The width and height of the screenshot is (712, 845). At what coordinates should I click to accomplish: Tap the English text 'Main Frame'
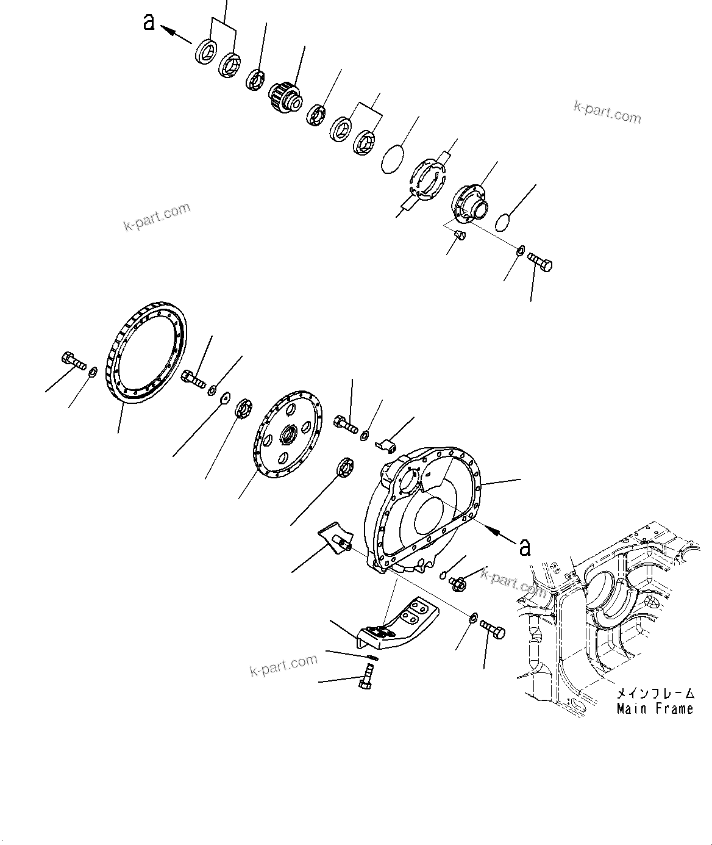click(655, 709)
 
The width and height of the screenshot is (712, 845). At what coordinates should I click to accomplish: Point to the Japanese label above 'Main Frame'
click(655, 694)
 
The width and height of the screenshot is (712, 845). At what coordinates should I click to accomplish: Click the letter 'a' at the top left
click(148, 22)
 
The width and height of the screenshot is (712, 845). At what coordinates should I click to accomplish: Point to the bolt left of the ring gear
click(73, 361)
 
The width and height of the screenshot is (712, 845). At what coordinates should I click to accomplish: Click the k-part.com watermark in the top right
click(607, 112)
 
